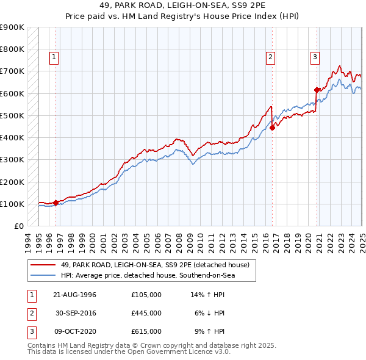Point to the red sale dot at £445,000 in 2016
273,127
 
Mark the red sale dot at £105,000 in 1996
56,203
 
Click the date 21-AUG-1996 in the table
76,295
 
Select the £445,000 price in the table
146,313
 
